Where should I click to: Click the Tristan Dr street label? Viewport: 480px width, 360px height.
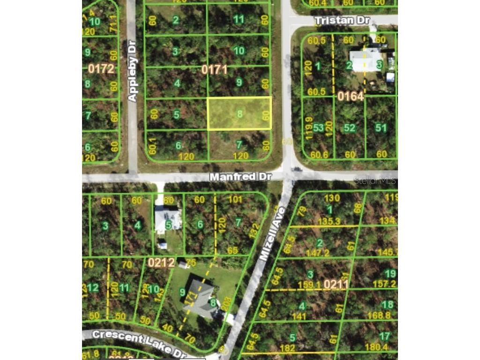pos(342,21)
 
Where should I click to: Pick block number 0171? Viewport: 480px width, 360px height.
pos(214,70)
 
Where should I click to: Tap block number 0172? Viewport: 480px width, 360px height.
pos(101,69)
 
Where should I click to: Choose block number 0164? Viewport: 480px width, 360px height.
pos(350,97)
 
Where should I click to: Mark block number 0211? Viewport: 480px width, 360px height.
pos(336,284)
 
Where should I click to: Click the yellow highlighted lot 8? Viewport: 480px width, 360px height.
pos(240,113)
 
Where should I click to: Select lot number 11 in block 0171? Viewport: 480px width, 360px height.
pos(239,19)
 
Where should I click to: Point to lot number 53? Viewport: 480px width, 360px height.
pos(318,127)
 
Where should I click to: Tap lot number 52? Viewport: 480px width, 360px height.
pos(349,127)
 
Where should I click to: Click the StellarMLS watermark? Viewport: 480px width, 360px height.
pos(375,180)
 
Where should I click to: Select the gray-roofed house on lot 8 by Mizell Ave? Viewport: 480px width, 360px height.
pos(202,299)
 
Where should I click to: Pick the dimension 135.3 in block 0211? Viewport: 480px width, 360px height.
pos(330,221)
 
